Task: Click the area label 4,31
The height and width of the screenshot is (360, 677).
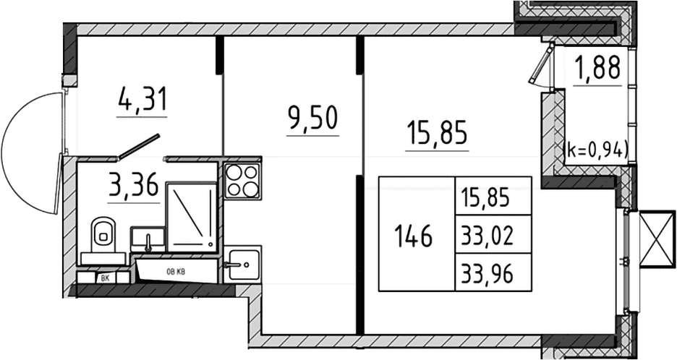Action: pos(142,100)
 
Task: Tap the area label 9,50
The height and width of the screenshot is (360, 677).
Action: pos(312,119)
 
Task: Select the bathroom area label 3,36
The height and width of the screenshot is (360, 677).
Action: pos(134,187)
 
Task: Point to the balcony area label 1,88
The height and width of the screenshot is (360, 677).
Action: pos(597,68)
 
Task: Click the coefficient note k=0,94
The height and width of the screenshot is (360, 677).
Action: pos(596,150)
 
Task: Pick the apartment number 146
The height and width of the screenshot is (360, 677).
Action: pos(413,236)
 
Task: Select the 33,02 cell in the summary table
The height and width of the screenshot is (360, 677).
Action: pos(487,236)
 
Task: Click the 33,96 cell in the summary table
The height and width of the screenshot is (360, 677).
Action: pos(487,274)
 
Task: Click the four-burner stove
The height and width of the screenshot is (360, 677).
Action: pos(242,181)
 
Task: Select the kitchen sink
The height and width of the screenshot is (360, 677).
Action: pos(242,264)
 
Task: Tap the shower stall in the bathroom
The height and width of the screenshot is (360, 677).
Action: pos(192,217)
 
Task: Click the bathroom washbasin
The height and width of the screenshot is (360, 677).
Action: pos(148,239)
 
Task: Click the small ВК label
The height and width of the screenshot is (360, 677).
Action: pos(105,279)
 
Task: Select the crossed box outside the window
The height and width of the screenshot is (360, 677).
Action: pos(657,239)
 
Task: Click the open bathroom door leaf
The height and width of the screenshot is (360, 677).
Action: pos(139,146)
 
